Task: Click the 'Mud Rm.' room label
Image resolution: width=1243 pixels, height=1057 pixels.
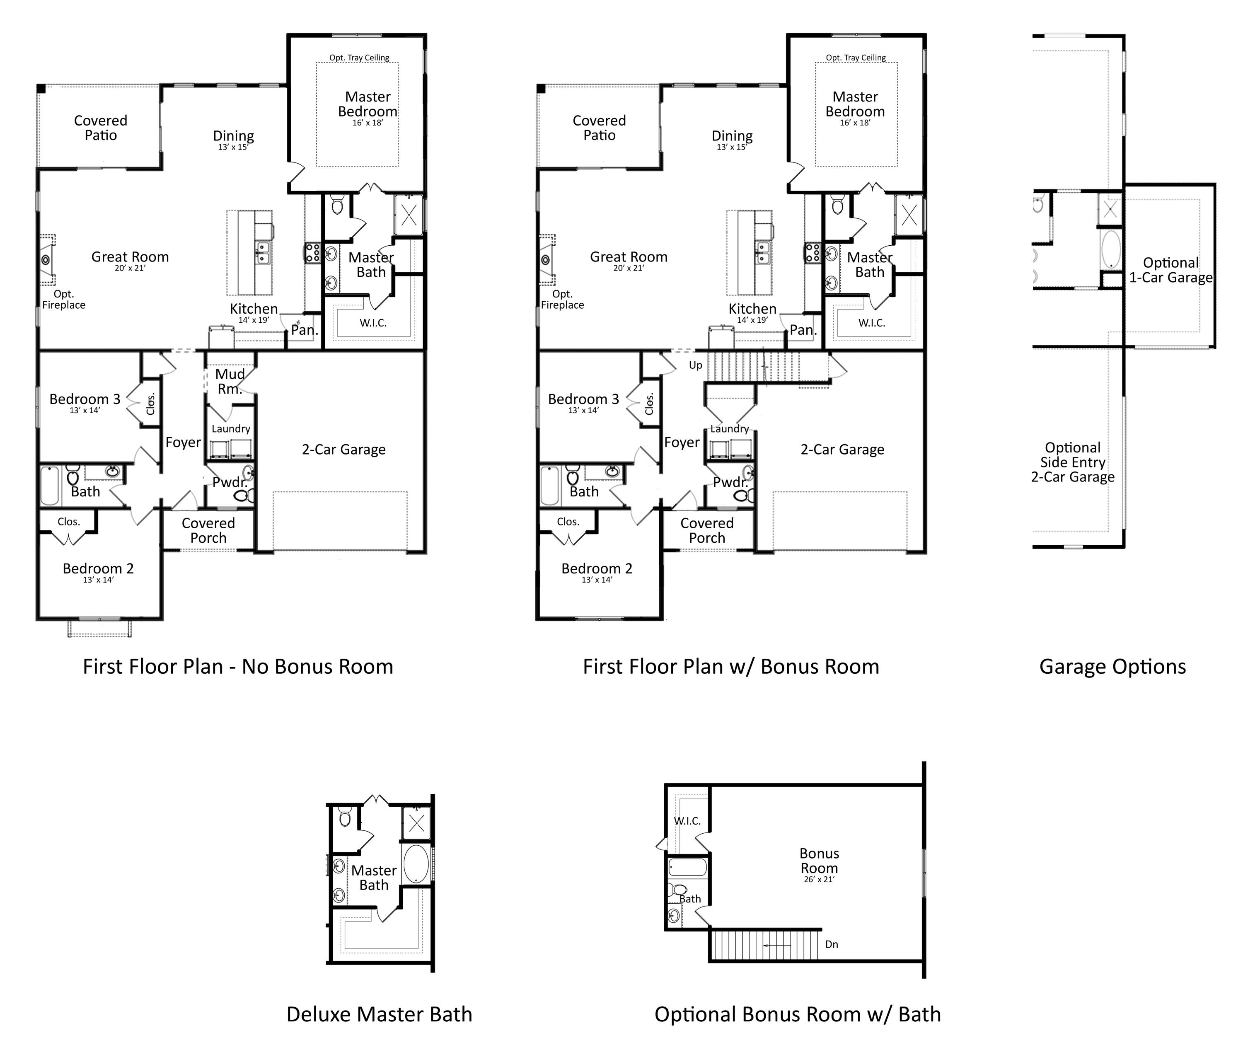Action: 230,381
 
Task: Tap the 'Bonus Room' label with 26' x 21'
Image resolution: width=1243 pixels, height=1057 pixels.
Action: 819,861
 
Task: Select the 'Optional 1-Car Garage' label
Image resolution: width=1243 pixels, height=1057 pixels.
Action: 1170,270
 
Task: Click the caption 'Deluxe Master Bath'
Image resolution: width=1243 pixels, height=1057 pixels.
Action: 379,1014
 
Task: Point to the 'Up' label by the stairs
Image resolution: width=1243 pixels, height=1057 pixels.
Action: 696,365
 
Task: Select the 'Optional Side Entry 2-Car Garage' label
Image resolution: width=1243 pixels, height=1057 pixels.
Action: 1072,462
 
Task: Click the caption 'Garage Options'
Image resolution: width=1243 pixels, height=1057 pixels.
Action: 1112,667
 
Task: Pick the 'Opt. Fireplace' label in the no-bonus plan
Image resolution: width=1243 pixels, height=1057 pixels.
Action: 63,300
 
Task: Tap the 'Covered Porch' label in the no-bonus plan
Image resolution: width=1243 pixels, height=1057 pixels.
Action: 208,530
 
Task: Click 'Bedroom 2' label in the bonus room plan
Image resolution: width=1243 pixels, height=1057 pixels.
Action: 597,569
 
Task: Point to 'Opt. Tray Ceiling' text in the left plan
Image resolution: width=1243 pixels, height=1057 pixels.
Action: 359,58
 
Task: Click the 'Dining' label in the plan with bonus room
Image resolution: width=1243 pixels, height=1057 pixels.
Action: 732,137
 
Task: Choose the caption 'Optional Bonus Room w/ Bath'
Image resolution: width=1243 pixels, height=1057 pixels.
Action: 797,1014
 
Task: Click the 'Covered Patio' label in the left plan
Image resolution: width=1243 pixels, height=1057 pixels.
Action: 101,128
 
